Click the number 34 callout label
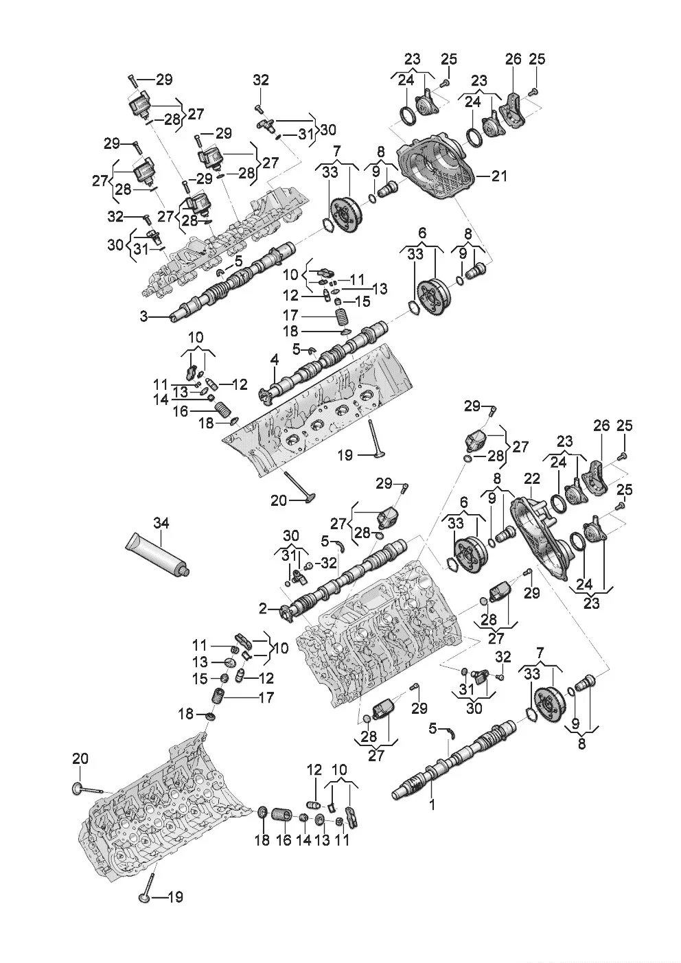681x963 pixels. click(x=160, y=524)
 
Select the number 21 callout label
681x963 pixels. click(x=499, y=176)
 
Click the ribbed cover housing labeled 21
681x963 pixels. click(x=439, y=168)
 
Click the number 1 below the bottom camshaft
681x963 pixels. click(x=432, y=804)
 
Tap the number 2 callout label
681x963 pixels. click(x=263, y=608)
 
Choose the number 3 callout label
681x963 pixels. click(x=143, y=316)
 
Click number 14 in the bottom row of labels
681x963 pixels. click(x=303, y=841)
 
